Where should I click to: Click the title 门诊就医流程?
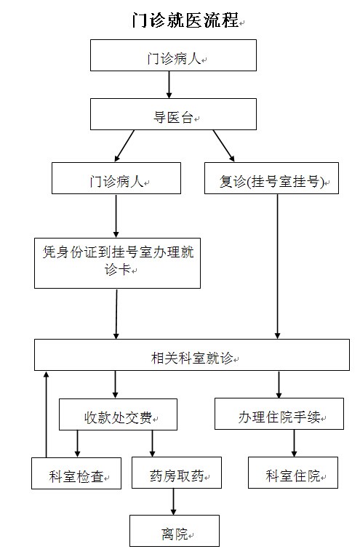185,20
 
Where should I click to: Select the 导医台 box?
173,114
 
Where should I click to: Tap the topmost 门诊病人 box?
173,55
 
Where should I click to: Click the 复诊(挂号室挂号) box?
271,178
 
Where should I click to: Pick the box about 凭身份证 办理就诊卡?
117,263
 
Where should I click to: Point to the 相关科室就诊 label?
192,358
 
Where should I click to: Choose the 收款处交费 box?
118,414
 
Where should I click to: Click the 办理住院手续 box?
279,414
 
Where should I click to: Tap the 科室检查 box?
76,473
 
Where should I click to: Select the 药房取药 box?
177,473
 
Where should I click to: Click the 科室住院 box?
293,473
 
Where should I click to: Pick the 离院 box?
174,530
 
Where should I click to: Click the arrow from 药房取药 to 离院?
173,502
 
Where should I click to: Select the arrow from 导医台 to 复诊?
223,146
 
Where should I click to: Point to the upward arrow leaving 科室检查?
46,414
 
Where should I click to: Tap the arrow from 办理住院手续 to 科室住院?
294,443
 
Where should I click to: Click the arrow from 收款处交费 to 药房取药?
152,444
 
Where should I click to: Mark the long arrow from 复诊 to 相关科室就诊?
278,266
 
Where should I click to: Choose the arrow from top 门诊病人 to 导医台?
169,84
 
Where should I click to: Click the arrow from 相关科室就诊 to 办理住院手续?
279,385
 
